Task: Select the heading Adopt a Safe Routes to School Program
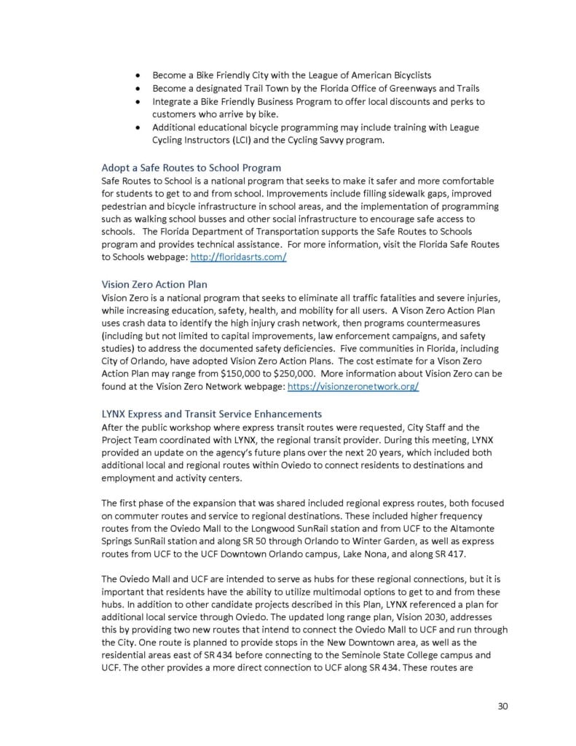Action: [191, 168]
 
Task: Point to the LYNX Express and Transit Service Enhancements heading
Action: [211, 414]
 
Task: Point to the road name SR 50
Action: [216, 542]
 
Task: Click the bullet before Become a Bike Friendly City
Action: [137, 76]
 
